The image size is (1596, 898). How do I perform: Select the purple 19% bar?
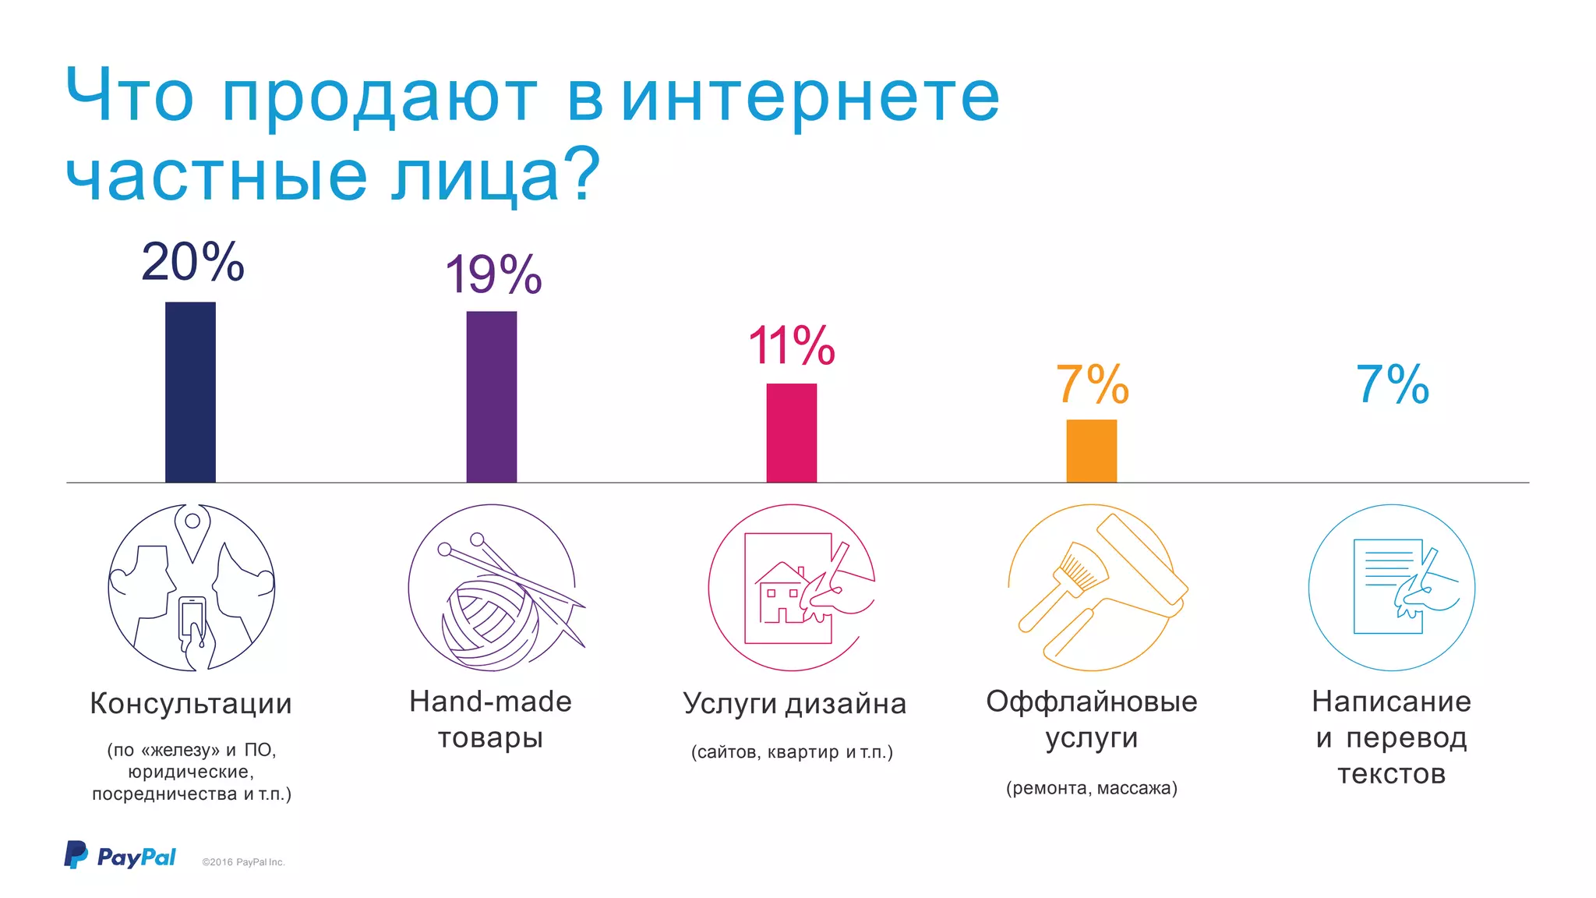coord(491,397)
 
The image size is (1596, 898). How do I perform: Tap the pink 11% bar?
coord(791,433)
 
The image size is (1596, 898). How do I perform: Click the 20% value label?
coord(192,262)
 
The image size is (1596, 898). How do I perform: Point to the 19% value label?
coord(493,274)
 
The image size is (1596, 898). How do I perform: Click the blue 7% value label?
coord(1392,384)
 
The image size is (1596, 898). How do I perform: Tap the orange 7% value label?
coord(1092,384)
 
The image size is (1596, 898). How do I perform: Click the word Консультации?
coord(191,703)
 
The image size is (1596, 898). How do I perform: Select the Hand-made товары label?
coord(490,719)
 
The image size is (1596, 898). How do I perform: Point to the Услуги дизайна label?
coord(794,703)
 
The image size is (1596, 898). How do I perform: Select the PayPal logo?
coord(120,856)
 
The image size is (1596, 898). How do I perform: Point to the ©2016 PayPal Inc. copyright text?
coord(243,862)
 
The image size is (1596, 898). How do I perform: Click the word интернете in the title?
coord(810,97)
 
